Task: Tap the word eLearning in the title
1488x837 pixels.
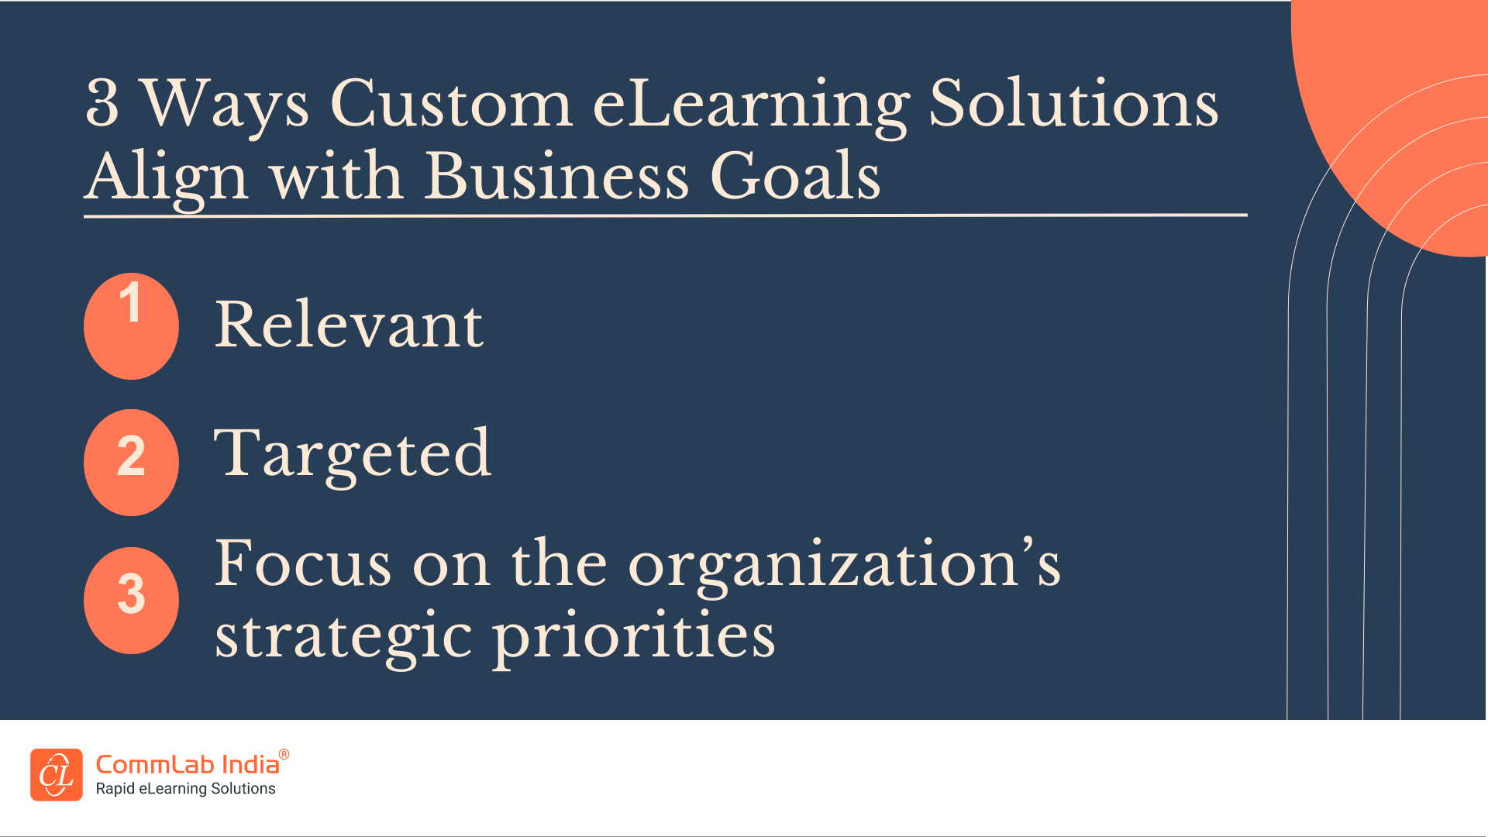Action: [x=750, y=105]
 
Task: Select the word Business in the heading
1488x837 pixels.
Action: [x=556, y=176]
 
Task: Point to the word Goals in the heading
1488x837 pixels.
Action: [x=795, y=176]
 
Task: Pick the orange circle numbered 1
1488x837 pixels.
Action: [x=131, y=326]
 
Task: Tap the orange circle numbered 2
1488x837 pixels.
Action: [x=131, y=463]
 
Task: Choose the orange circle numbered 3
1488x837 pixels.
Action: [x=131, y=601]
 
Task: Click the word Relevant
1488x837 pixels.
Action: [x=349, y=325]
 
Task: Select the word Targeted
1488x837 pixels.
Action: [x=353, y=455]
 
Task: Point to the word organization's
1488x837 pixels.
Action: [x=844, y=565]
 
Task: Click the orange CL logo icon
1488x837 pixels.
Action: [x=57, y=774]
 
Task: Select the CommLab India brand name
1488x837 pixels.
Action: [x=187, y=765]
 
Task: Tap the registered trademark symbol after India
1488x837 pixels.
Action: [x=284, y=754]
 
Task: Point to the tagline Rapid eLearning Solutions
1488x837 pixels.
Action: [x=185, y=789]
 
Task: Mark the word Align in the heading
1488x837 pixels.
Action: [x=167, y=177]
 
